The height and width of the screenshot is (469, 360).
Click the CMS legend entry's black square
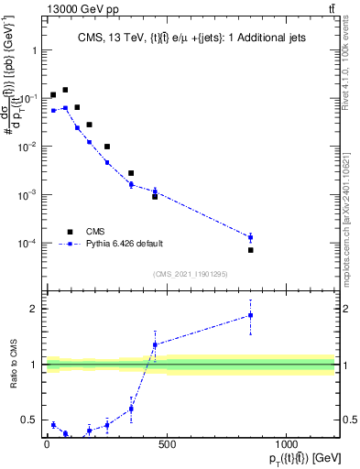click(69, 232)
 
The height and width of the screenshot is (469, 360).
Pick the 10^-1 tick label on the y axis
click(29, 98)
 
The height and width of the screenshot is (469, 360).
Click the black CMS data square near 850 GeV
click(250, 250)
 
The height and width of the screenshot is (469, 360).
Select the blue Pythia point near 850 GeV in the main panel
click(250, 237)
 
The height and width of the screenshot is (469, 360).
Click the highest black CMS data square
click(65, 90)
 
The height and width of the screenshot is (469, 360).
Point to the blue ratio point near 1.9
click(250, 315)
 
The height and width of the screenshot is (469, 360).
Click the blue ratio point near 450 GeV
click(155, 344)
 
